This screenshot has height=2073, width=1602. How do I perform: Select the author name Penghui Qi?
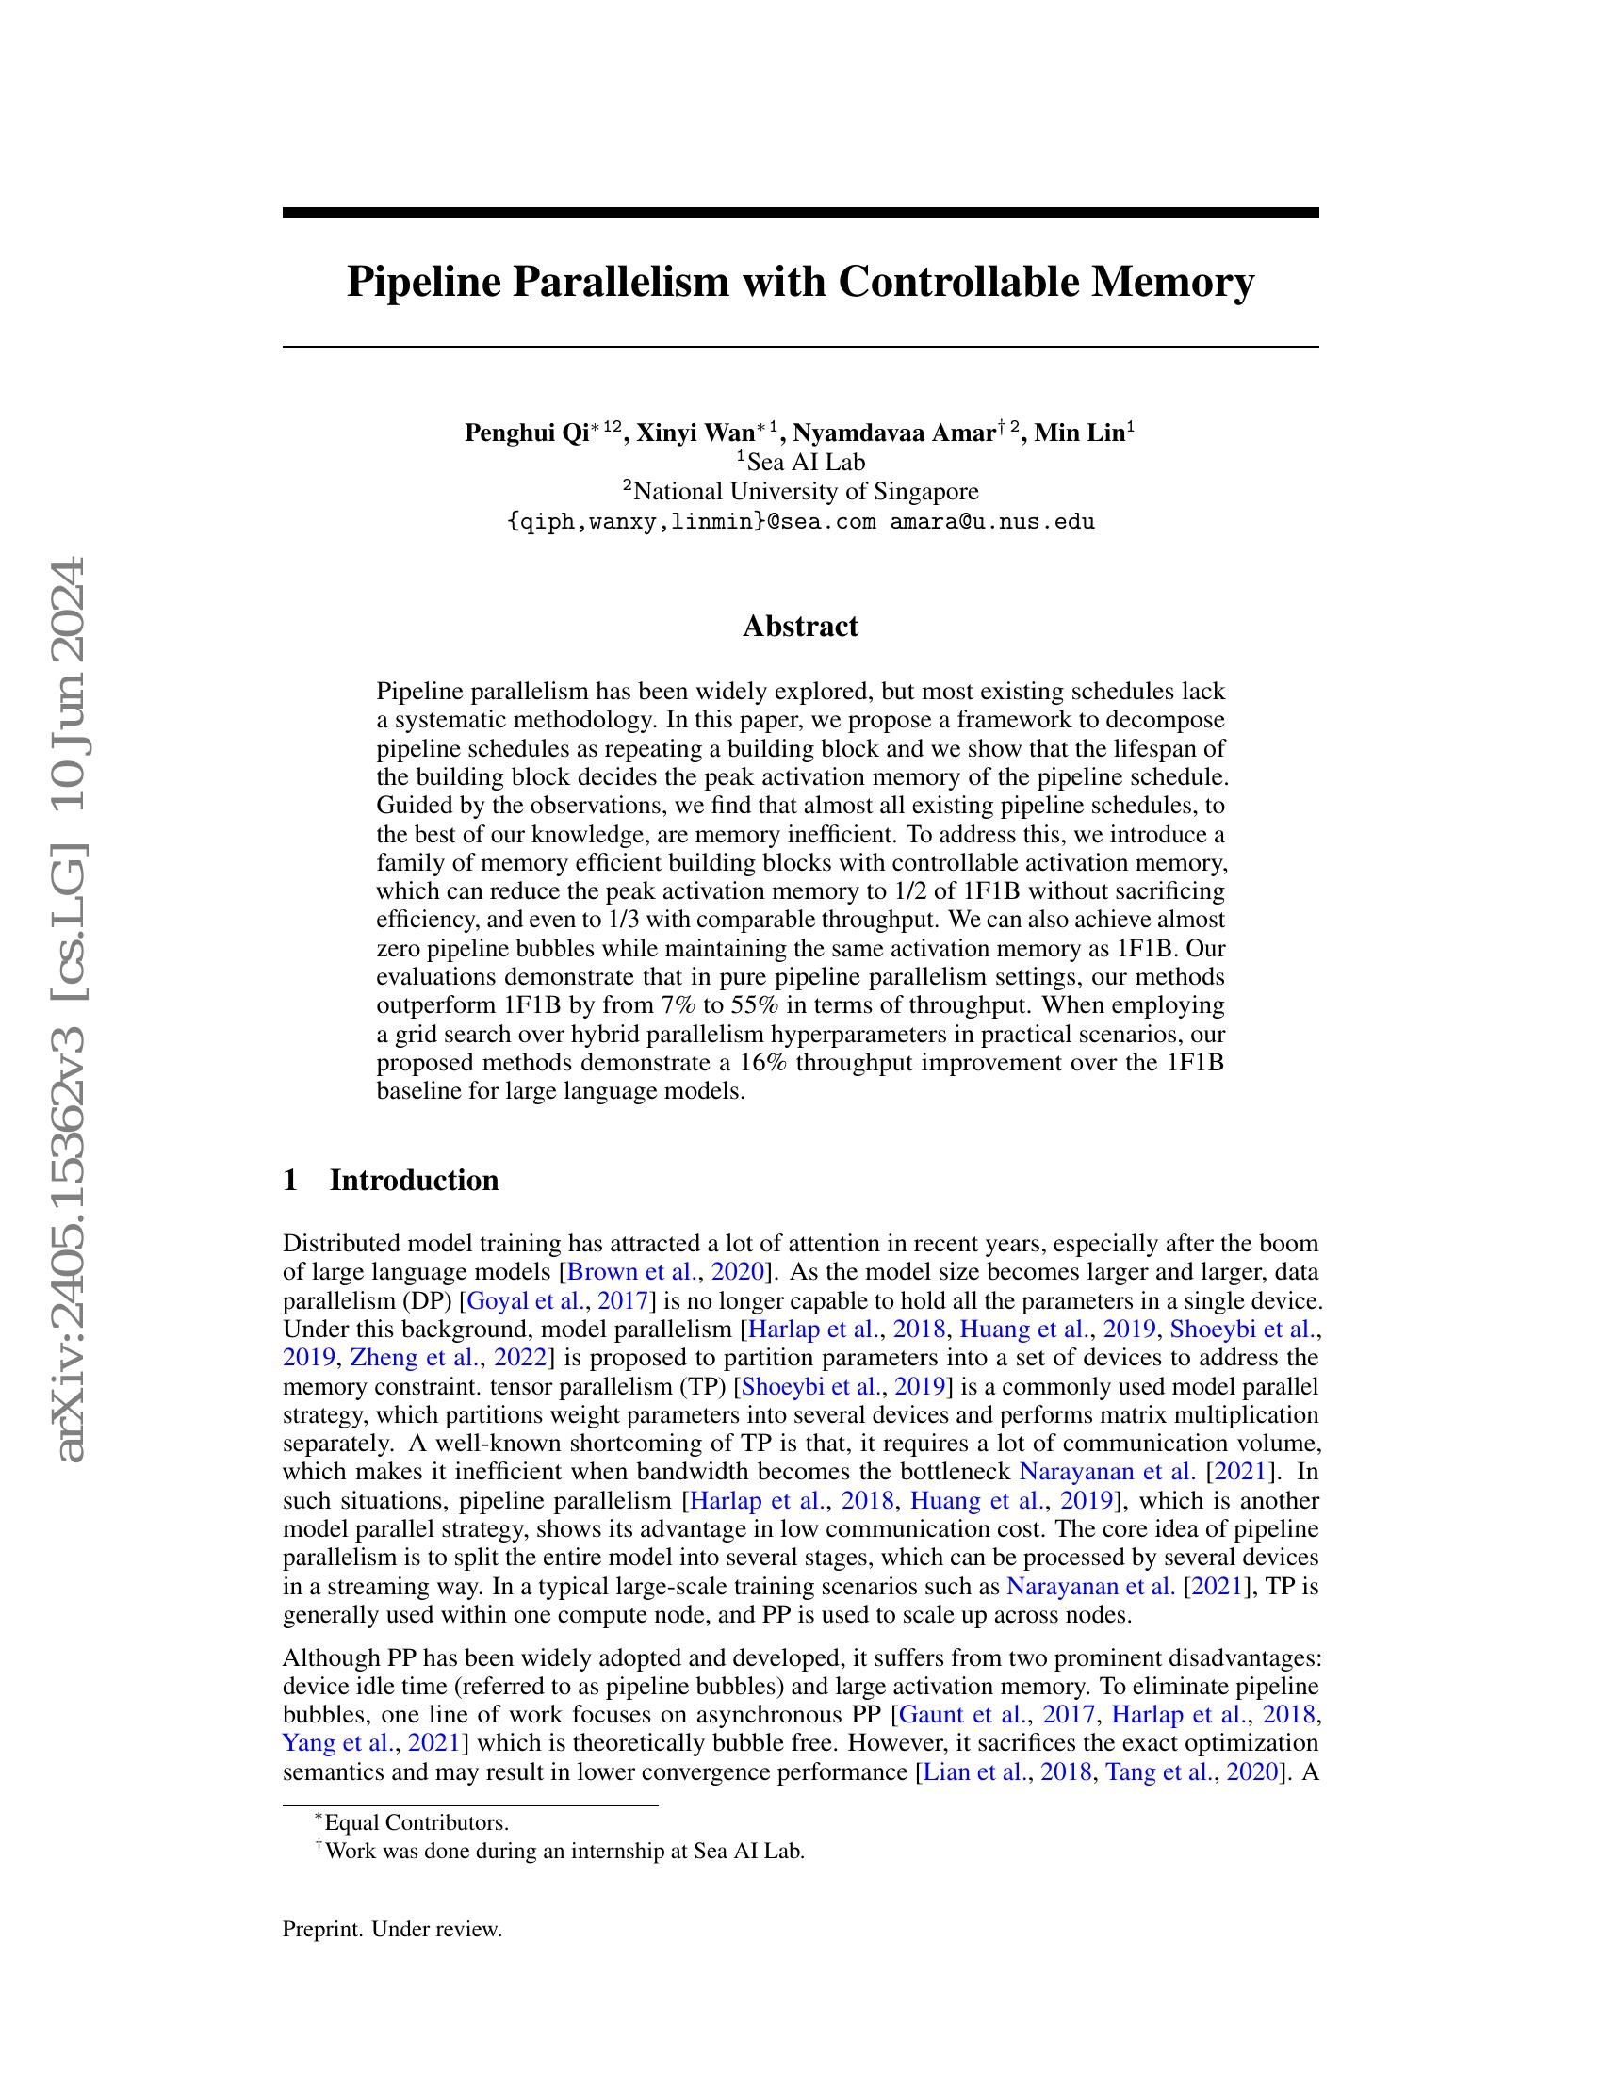(x=526, y=433)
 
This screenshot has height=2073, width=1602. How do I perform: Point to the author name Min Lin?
(x=1078, y=433)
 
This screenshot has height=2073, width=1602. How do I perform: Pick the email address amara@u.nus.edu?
(x=991, y=521)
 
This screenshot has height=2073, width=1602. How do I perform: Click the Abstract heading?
(x=800, y=627)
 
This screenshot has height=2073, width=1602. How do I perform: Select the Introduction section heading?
(x=413, y=1180)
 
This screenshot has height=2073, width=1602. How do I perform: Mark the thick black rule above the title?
(x=800, y=213)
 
